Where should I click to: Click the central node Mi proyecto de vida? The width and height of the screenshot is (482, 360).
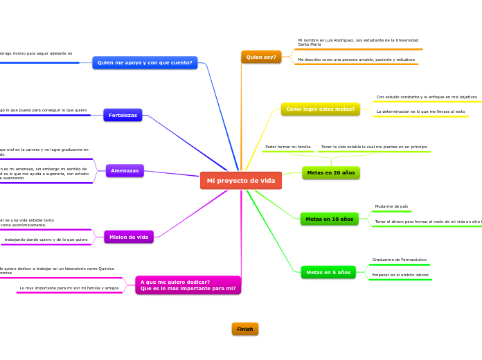point(241,181)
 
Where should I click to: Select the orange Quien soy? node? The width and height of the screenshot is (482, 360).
point(261,57)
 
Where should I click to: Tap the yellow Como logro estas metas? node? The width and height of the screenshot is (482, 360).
point(320,109)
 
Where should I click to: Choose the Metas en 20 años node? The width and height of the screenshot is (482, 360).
point(330,172)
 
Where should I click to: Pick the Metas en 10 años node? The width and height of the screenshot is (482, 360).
point(329,219)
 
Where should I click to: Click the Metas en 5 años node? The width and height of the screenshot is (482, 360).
point(328,272)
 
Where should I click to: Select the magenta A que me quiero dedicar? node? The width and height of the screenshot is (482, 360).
point(188,285)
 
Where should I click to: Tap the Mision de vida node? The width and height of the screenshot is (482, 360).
point(129,237)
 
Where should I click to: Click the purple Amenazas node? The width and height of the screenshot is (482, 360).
point(125,170)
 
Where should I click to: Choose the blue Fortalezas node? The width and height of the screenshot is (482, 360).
point(123,115)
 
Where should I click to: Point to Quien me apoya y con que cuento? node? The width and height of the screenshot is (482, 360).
point(145,62)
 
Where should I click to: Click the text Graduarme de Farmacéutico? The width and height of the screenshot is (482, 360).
point(399,260)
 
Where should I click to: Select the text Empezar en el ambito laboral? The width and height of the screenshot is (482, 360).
point(400,275)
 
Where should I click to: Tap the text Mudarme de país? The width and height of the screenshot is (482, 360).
point(391,206)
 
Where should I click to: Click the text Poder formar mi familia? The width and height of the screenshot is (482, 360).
point(288,147)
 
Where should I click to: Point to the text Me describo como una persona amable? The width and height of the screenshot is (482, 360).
point(356,60)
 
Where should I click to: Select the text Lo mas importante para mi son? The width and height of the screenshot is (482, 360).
point(69,288)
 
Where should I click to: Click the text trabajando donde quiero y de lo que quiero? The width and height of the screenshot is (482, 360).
point(46,240)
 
